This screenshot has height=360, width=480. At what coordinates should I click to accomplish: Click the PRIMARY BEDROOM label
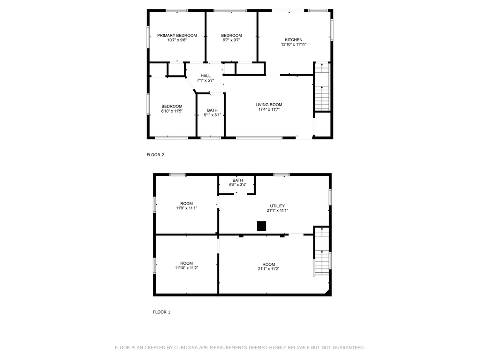tap(177, 36)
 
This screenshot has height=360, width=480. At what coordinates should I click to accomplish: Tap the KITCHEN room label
tap(294, 40)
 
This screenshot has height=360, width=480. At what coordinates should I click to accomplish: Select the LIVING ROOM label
tap(269, 105)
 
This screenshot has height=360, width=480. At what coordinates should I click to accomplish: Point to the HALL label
tap(206, 76)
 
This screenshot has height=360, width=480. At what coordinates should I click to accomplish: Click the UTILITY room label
tap(277, 206)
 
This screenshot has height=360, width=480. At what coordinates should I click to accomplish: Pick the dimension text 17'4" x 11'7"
tap(269, 109)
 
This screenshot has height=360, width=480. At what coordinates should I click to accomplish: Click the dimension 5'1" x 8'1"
tap(212, 115)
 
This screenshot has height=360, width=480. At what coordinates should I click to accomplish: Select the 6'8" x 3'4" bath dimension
tap(237, 185)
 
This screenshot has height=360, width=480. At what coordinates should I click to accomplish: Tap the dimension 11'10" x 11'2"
tap(186, 268)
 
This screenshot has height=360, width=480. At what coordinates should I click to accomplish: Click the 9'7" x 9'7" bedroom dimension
tap(231, 40)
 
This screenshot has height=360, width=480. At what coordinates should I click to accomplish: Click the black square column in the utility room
tap(261, 226)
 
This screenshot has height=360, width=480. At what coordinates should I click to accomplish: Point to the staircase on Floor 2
tap(322, 87)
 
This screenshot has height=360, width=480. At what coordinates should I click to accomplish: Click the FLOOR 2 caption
tap(155, 155)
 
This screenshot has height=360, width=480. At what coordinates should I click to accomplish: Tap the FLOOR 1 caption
tap(161, 312)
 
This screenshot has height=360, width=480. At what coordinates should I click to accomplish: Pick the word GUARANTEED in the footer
tap(348, 348)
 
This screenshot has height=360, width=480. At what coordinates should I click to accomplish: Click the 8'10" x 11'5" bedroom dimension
tap(172, 111)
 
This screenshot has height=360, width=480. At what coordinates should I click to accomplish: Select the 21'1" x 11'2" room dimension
tap(268, 269)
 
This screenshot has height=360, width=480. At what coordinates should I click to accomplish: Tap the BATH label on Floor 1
tap(237, 180)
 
